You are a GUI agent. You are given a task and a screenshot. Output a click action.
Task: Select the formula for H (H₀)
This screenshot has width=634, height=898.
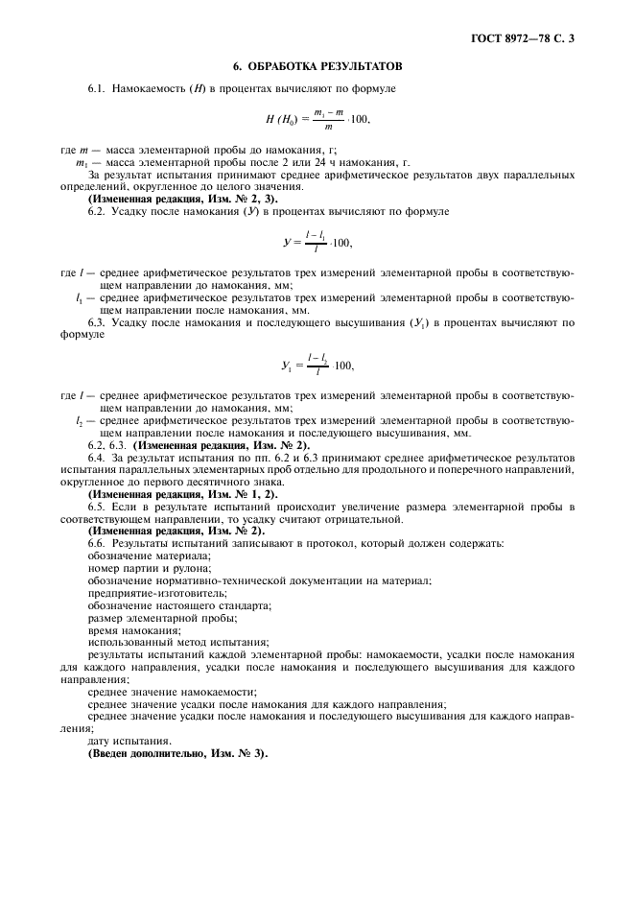[x=317, y=119]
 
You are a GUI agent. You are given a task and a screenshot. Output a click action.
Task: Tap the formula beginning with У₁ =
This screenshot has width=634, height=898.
[x=317, y=365]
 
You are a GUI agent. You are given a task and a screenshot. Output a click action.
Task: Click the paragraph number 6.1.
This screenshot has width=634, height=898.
[x=97, y=89]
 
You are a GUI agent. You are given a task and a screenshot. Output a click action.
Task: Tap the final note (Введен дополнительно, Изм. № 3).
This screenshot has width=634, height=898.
[x=178, y=753]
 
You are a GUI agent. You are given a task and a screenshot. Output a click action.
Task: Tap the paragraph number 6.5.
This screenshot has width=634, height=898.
[x=97, y=506]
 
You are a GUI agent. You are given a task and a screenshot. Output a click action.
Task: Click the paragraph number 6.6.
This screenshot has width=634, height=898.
[x=97, y=543]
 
